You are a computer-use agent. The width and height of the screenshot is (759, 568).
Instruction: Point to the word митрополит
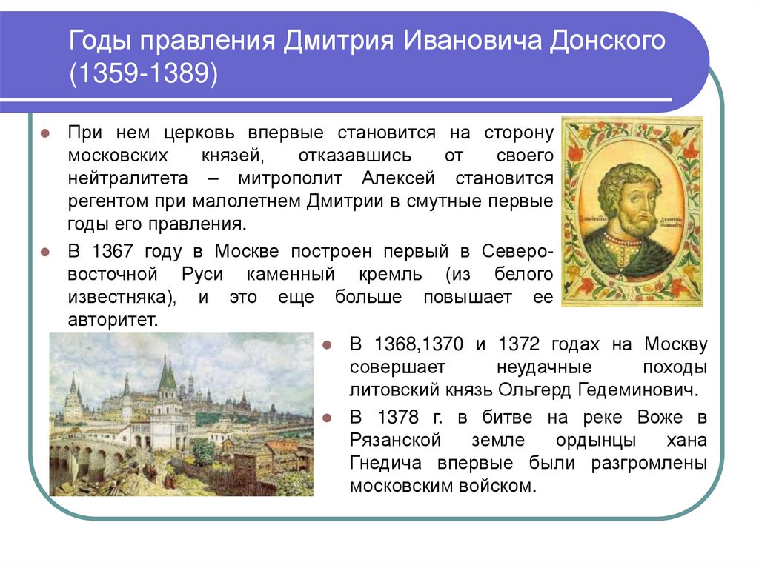pyautogui.click(x=296, y=179)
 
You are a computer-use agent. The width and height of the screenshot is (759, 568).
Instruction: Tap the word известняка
pyautogui.click(x=119, y=298)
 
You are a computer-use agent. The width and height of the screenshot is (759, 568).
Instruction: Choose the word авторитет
pyautogui.click(x=113, y=321)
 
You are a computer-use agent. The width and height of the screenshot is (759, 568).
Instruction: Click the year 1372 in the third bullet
pyautogui.click(x=525, y=344)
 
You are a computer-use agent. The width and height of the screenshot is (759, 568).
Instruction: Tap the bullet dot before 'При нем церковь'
pyautogui.click(x=44, y=134)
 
